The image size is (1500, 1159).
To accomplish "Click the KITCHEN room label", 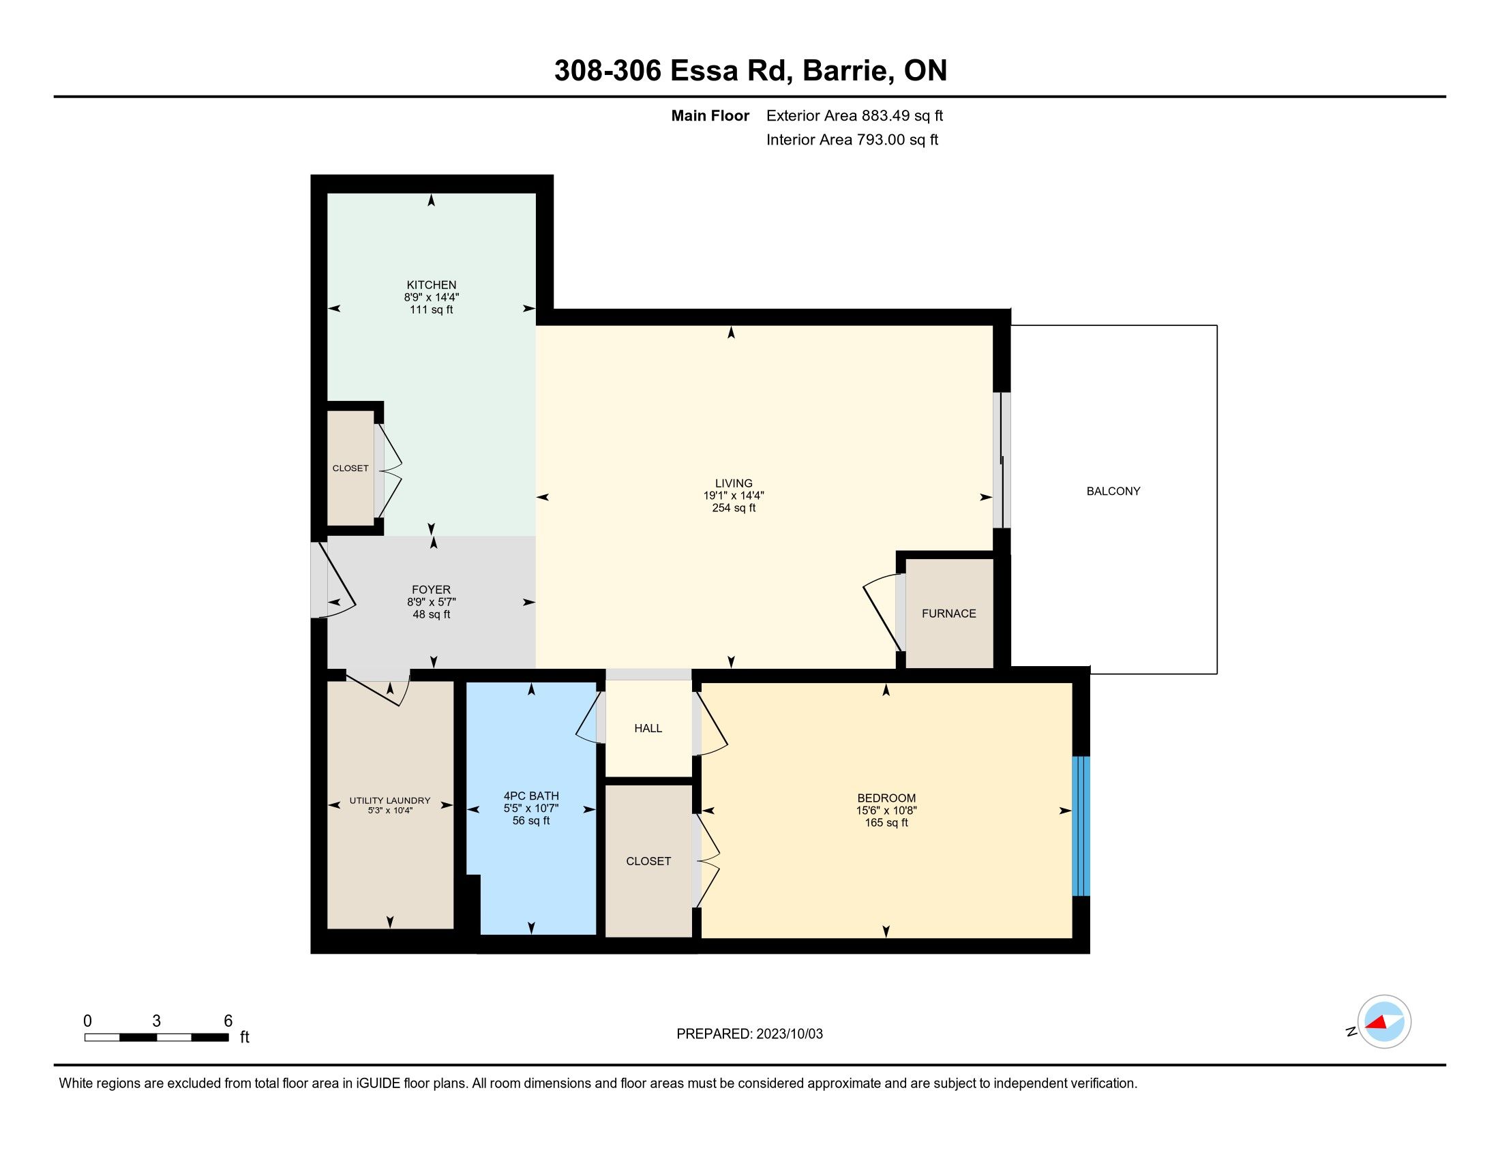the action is [432, 285].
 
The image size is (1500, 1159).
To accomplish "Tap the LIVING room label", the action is [734, 483].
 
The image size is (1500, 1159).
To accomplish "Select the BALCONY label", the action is [1113, 491].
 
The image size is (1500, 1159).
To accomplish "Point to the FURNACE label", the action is [948, 614].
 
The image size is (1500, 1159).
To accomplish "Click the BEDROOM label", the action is [886, 798].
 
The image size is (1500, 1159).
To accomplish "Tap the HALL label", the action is [648, 729].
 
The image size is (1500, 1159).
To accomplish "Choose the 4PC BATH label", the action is [531, 796].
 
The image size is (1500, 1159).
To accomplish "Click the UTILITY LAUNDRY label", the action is [390, 800].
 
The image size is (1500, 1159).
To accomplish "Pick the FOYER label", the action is [432, 590].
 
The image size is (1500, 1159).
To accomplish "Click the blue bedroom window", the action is [1081, 826].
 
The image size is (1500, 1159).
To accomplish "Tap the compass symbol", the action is [1384, 1022].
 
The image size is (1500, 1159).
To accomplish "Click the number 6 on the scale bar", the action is [228, 1021].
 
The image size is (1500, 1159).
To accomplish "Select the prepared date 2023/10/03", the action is [789, 1034].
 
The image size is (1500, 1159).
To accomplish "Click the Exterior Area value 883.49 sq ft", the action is [903, 116].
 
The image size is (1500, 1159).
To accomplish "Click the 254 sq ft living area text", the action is [734, 508].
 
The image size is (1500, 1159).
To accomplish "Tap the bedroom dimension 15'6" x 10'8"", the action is [886, 810].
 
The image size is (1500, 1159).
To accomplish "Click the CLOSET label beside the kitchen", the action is [350, 468].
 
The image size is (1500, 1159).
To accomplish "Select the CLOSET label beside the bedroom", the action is [648, 861].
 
